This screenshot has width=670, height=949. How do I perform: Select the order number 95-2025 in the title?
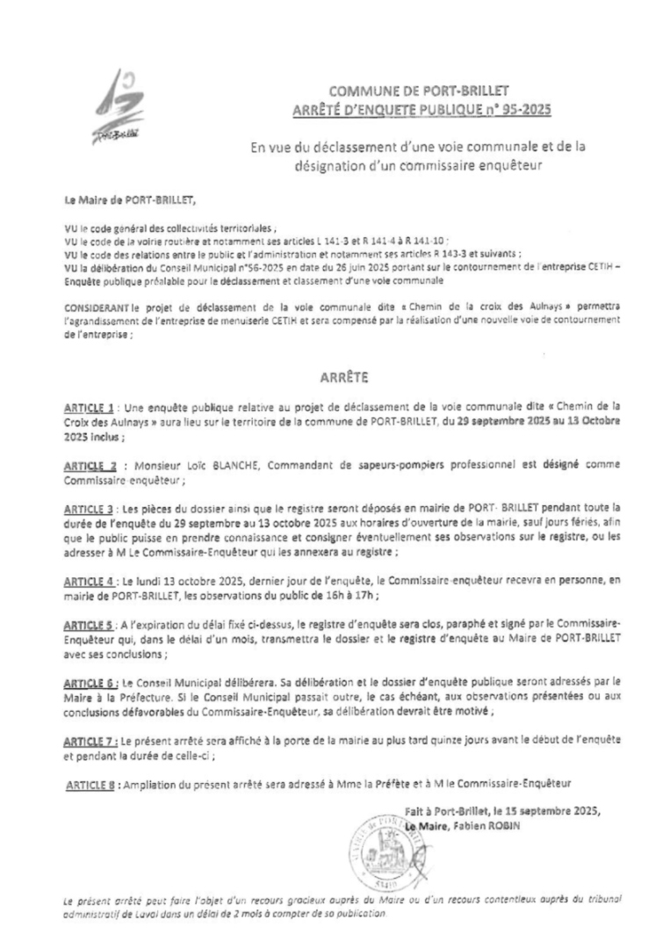coord(524,109)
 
